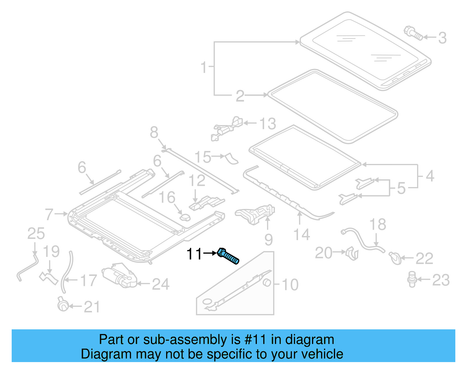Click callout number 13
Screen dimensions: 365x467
[267, 124]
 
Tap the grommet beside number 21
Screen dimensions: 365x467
[63, 306]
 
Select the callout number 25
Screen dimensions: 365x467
[36, 233]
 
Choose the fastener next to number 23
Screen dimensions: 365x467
[412, 279]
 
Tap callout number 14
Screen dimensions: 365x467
[302, 234]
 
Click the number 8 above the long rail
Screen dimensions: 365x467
[154, 132]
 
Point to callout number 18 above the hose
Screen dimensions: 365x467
[377, 224]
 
